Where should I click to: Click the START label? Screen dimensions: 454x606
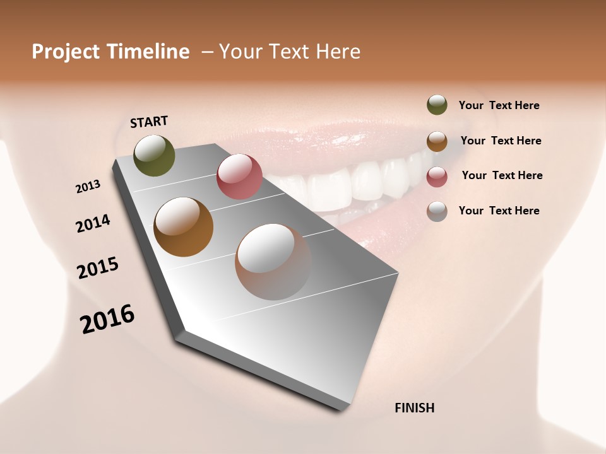[x=149, y=122]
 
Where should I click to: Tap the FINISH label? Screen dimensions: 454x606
[x=414, y=408]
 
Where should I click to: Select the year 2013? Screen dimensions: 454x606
[x=88, y=187]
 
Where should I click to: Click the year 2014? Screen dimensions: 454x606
[x=93, y=223]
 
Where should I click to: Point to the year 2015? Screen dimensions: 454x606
[x=98, y=268]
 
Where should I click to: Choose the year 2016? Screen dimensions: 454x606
[x=107, y=319]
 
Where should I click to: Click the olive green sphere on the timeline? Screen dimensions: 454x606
[x=154, y=155]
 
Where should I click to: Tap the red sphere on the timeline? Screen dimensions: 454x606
[x=239, y=177]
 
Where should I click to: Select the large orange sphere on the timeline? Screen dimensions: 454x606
[x=183, y=227]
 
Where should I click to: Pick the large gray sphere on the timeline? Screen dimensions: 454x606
[x=273, y=262]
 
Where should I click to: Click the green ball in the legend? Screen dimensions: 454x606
[x=437, y=105]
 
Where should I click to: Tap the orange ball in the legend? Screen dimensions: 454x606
[x=437, y=141]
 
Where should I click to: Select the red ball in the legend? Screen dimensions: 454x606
[x=437, y=177]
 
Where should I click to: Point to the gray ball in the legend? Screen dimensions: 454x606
[x=437, y=211]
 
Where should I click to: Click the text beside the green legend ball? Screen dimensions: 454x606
[x=499, y=106]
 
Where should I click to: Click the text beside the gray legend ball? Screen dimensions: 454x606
[x=499, y=211]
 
